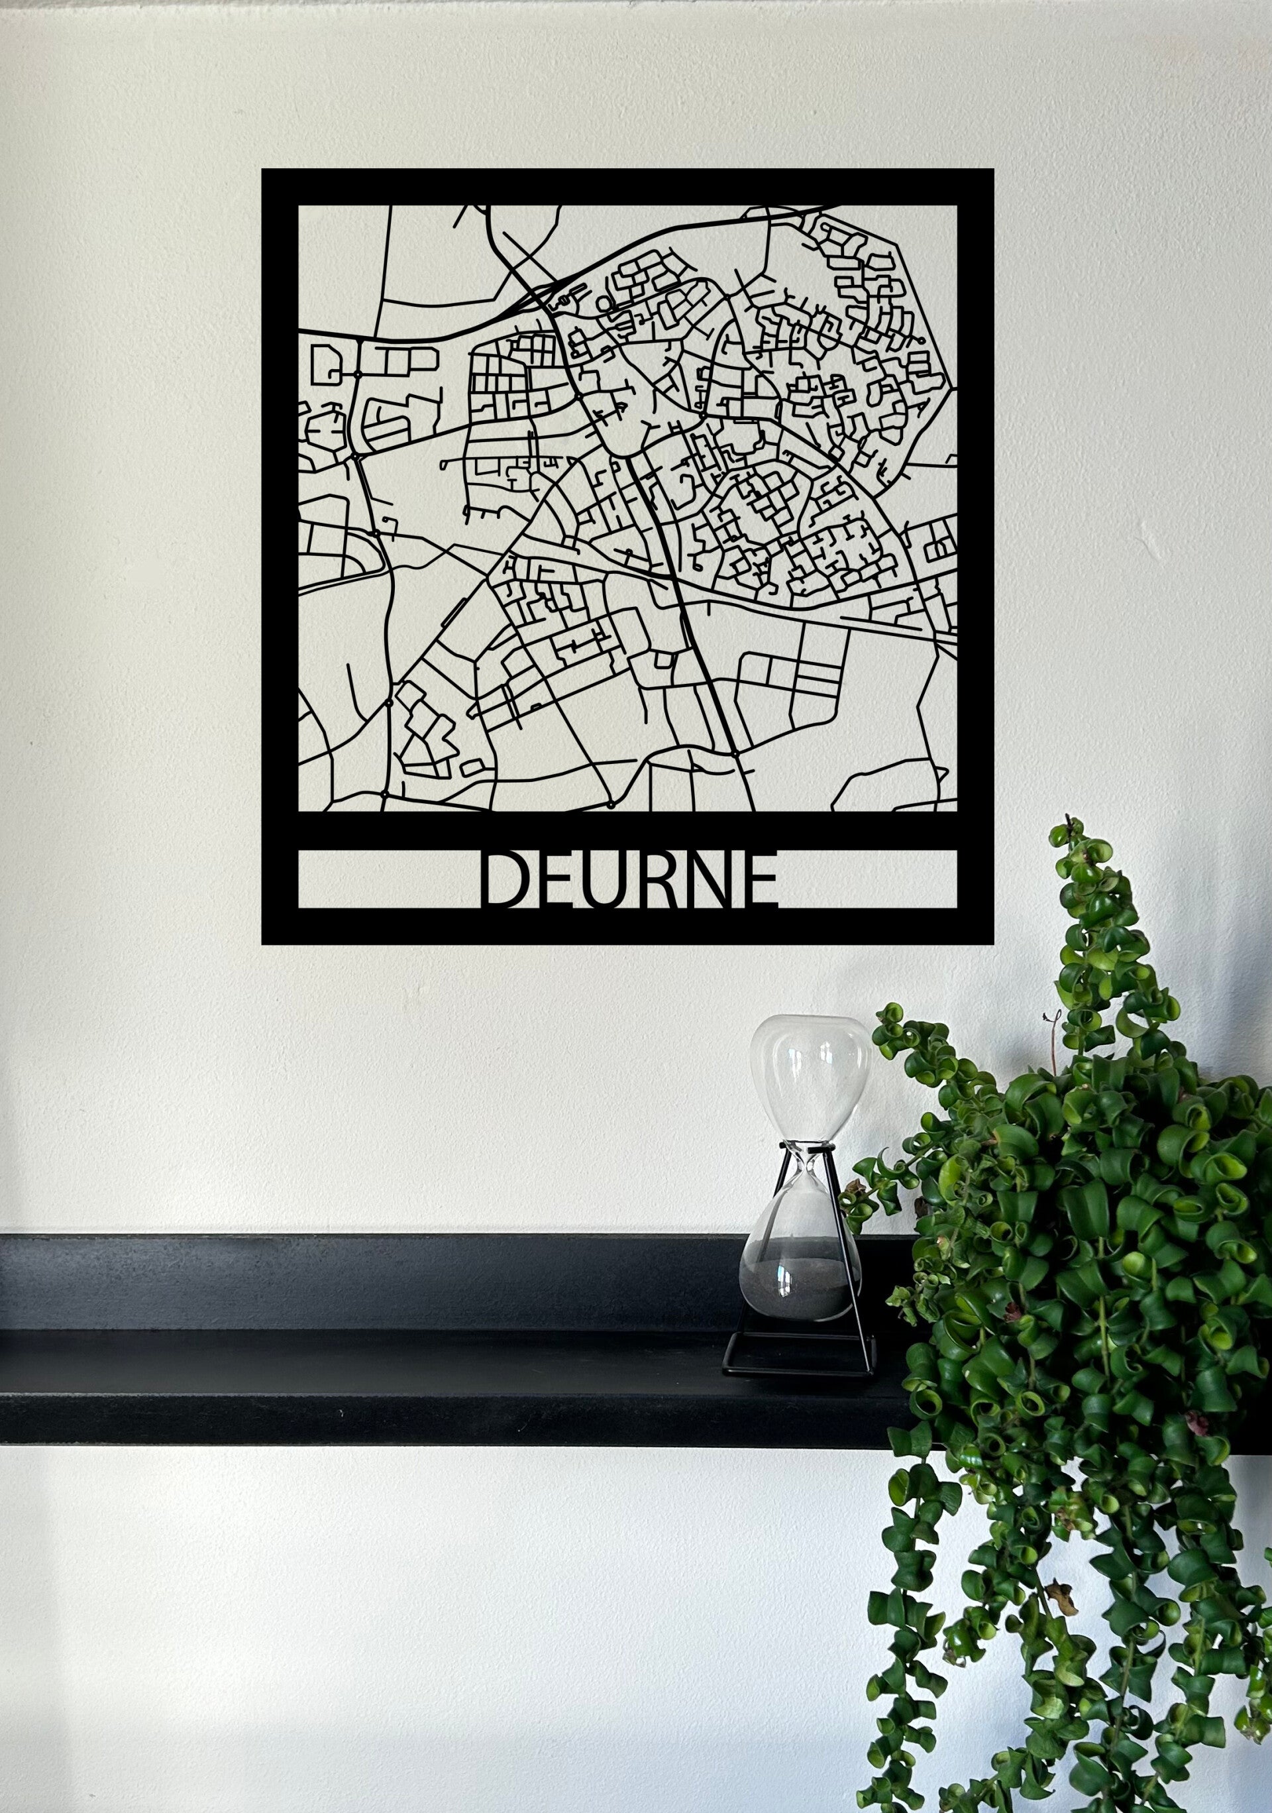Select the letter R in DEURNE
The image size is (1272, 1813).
(x=650, y=879)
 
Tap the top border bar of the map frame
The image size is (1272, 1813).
(x=627, y=187)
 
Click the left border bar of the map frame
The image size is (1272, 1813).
(x=280, y=553)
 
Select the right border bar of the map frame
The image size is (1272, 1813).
(x=976, y=553)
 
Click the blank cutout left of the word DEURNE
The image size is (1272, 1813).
(x=387, y=879)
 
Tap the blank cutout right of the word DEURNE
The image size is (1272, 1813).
(x=869, y=879)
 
